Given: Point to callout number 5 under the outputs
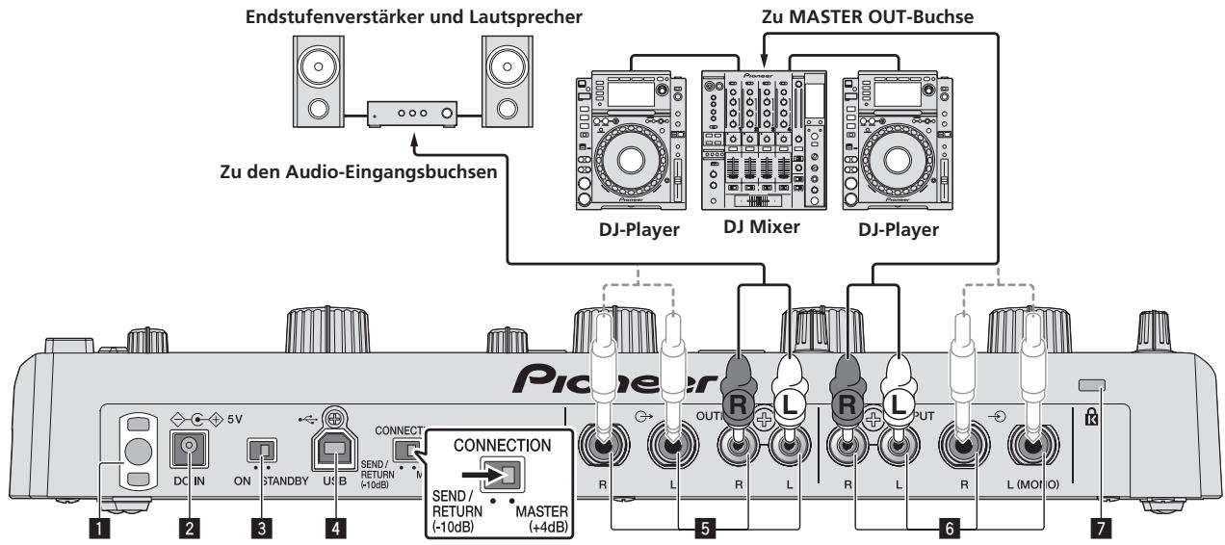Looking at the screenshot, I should [x=708, y=529].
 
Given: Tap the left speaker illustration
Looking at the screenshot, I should [x=310, y=86].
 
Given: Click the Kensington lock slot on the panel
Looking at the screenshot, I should [x=1090, y=386].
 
